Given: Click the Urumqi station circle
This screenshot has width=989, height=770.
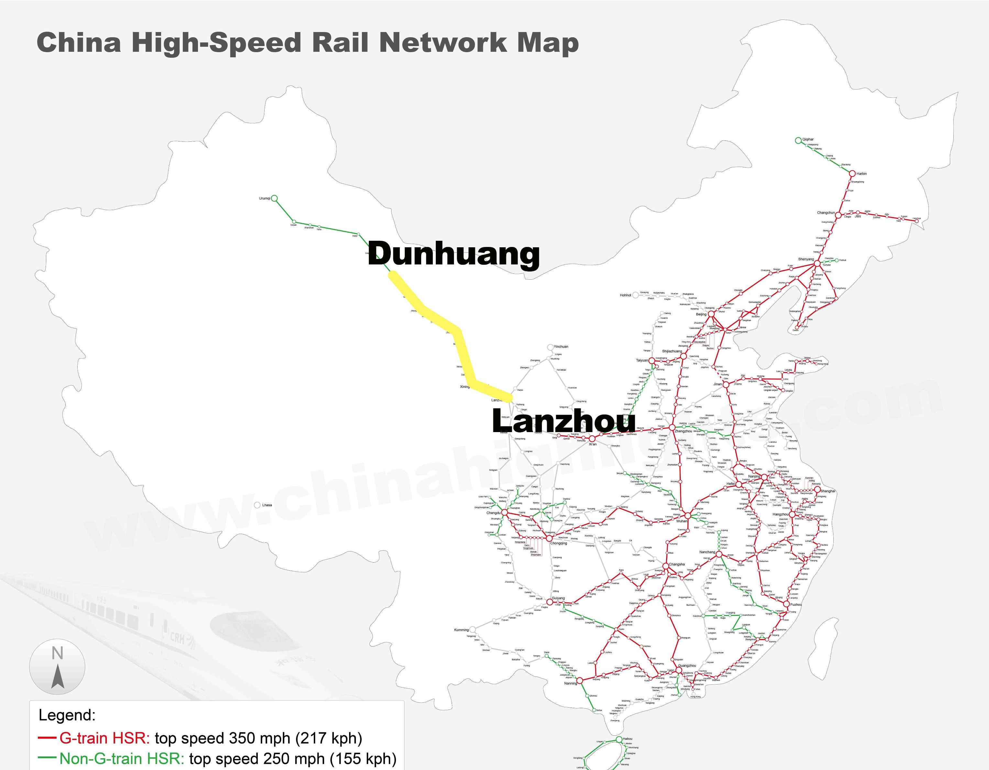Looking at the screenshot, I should pos(274,198).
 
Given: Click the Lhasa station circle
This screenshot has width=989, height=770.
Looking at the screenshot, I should pos(257,505).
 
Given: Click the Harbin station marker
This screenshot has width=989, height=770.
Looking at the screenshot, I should pos(852,173).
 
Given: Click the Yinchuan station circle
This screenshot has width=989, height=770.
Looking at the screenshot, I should pos(550,347).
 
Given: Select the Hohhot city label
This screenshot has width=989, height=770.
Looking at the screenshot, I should pos(625,295).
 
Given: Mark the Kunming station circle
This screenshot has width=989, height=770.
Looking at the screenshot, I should pos(473,630).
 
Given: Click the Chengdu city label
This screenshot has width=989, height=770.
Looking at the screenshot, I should pos(494,513).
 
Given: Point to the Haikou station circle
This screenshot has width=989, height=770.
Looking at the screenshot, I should pos(619,739).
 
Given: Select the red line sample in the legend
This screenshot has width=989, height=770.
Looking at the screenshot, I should pos(48,738).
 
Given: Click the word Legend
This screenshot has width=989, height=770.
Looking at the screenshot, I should pos(67,715).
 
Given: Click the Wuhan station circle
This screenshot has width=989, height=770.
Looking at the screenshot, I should pos(688,516).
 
